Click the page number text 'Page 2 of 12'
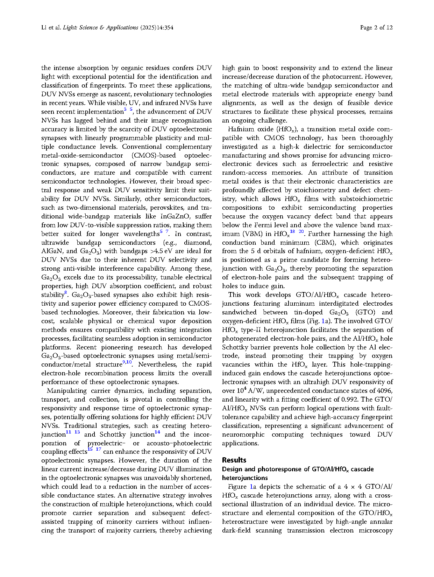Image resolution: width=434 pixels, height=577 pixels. click(376, 28)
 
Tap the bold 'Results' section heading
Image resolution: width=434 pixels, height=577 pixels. click(234, 460)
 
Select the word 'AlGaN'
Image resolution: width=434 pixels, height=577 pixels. click(52, 251)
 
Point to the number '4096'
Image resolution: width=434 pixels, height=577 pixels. click(385, 391)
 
